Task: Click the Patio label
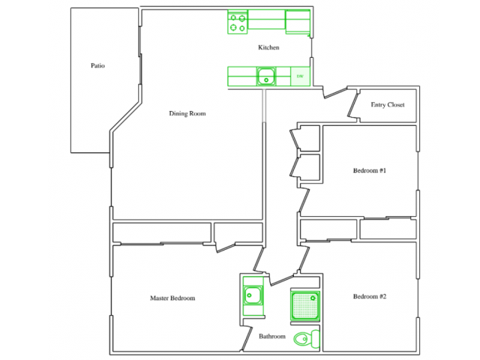(x=97, y=66)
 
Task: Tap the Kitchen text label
(x=268, y=48)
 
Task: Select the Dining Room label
(x=187, y=114)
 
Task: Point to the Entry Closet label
(x=388, y=105)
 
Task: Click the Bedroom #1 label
(x=369, y=171)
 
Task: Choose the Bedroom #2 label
(x=369, y=296)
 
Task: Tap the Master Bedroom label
(x=172, y=298)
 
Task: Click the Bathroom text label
(x=272, y=337)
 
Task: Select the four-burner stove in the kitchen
(x=238, y=23)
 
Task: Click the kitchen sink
(x=266, y=76)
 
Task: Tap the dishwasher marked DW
(x=300, y=76)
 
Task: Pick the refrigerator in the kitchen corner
(x=298, y=22)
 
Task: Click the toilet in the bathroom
(x=305, y=338)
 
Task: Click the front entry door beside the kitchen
(x=334, y=93)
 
